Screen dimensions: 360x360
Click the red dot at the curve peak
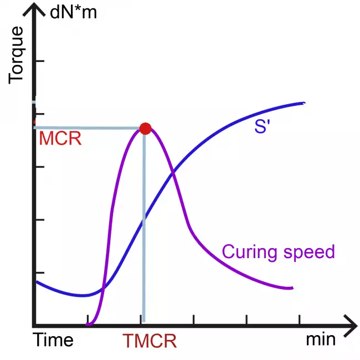(x=145, y=128)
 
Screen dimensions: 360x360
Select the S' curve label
(x=261, y=126)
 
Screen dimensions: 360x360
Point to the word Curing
(x=249, y=253)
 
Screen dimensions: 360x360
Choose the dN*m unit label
(x=73, y=12)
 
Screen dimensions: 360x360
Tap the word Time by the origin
(x=53, y=340)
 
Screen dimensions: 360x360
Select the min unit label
(x=321, y=340)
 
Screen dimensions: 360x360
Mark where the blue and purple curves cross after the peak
(x=173, y=173)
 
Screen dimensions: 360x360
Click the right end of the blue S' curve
(x=304, y=103)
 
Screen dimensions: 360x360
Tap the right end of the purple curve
(x=291, y=288)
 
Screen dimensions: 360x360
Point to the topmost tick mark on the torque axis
(x=39, y=60)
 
